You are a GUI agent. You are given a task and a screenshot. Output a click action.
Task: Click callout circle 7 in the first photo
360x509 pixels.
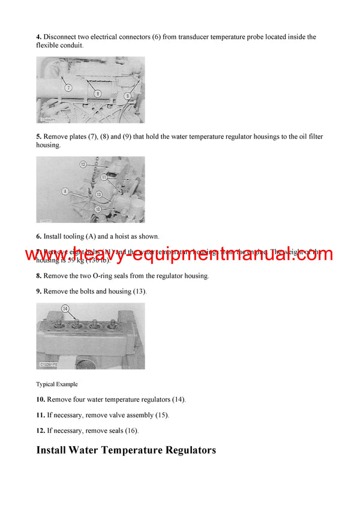[x=68, y=88]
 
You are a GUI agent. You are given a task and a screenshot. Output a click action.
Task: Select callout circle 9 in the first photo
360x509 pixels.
[x=127, y=95]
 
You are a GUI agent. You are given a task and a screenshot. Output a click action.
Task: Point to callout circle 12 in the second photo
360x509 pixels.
[x=83, y=164]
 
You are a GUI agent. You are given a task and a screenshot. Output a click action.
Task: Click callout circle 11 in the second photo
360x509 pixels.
[x=103, y=177]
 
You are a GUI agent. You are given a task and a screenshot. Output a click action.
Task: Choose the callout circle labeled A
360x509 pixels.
[x=64, y=191]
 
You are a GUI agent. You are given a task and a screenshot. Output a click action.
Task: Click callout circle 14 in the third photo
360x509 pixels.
[x=65, y=309]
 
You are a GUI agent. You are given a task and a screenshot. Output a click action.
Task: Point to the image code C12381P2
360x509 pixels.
[x=52, y=365]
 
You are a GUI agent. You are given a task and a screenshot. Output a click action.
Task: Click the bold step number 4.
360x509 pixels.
[x=38, y=37]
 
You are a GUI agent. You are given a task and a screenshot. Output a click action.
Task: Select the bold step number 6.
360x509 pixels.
[x=38, y=236]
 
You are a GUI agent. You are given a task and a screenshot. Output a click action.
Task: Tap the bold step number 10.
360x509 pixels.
[x=40, y=399]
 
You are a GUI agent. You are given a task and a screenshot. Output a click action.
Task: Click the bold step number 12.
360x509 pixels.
[x=40, y=430]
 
